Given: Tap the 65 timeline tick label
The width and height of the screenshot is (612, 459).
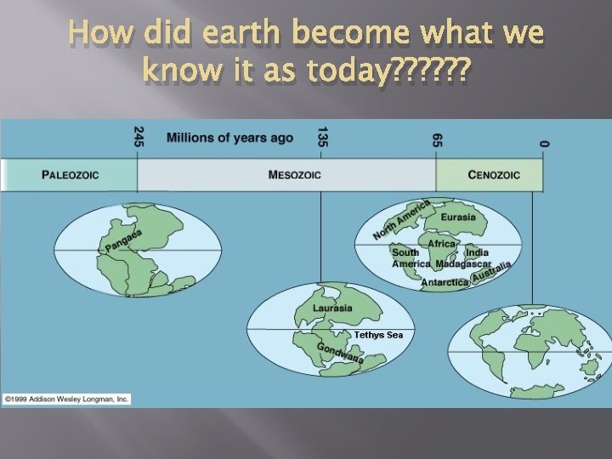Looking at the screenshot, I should pos(437,139).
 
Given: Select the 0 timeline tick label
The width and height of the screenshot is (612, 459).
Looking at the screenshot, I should pos(543,143).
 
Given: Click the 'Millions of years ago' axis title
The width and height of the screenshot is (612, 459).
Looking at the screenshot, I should pos(229,138).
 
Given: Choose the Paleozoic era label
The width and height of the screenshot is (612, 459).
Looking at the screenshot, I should pos(71,175).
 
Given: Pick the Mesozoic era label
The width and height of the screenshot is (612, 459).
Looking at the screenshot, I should pos(294,175).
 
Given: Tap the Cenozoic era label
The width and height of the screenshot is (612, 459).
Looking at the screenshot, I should pos(494,175).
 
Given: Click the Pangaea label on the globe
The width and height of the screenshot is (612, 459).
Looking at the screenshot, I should pos(124,241).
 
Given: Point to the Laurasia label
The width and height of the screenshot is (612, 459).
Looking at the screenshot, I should pos(332,308).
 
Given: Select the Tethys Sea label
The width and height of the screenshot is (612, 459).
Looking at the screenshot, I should pos(379,335).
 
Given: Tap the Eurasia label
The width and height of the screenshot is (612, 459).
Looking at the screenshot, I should pos(458,217).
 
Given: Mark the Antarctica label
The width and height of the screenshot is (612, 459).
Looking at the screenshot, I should pos(445,282).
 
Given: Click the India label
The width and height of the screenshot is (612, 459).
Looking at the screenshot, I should pos(477,252).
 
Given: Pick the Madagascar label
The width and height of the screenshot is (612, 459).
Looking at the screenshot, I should pos(463,263).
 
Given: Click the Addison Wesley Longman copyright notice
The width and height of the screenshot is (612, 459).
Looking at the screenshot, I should pos(66,398).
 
